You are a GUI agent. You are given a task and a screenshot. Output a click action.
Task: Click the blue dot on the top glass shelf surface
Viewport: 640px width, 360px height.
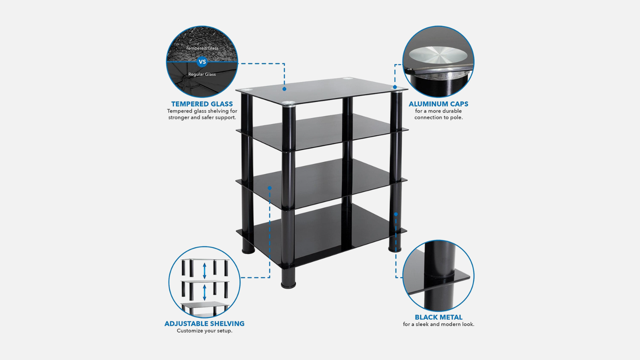[284, 89]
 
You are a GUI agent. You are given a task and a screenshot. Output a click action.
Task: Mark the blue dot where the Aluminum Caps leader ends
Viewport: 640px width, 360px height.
[395, 87]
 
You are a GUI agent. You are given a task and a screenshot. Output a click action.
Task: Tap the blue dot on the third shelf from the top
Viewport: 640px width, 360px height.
[270, 188]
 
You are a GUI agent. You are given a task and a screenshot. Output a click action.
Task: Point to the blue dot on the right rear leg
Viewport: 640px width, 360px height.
[396, 214]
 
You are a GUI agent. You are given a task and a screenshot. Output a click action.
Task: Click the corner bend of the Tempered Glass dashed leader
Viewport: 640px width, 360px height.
[284, 64]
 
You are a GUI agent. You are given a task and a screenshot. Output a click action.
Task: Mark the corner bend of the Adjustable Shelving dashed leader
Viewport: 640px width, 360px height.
[270, 277]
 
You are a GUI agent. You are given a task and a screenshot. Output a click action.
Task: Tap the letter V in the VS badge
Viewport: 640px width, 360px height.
[200, 62]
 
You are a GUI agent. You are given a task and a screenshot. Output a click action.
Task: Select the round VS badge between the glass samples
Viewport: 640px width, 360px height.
[202, 62]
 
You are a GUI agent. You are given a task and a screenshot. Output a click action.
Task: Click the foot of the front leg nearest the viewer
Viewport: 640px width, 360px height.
[288, 285]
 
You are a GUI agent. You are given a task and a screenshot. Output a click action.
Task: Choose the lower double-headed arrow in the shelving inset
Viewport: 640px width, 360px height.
[204, 292]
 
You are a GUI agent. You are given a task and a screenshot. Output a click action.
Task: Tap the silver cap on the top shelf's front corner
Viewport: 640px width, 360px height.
[288, 104]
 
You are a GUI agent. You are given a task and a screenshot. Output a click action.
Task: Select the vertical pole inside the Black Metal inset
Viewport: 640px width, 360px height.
[438, 276]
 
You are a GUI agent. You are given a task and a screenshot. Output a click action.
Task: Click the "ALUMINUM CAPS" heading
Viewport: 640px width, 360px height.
[438, 104]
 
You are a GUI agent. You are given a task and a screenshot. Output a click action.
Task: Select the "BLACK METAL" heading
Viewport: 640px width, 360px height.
[438, 317]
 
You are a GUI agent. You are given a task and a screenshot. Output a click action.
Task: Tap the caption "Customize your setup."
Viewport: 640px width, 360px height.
[204, 331]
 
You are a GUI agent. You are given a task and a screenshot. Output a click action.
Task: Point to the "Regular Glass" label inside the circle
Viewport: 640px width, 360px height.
[202, 74]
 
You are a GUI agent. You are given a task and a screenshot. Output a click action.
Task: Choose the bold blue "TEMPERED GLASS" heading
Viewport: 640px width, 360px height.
[202, 104]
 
